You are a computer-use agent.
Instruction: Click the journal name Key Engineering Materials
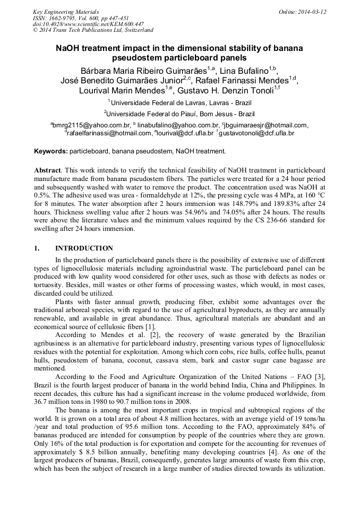click(x=65, y=12)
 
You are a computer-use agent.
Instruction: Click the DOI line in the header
click(x=88, y=24)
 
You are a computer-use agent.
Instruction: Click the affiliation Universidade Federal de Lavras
click(x=181, y=101)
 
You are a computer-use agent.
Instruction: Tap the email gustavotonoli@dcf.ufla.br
click(x=256, y=133)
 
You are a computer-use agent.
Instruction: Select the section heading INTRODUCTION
click(x=84, y=248)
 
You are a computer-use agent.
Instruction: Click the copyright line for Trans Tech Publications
click(x=93, y=30)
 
